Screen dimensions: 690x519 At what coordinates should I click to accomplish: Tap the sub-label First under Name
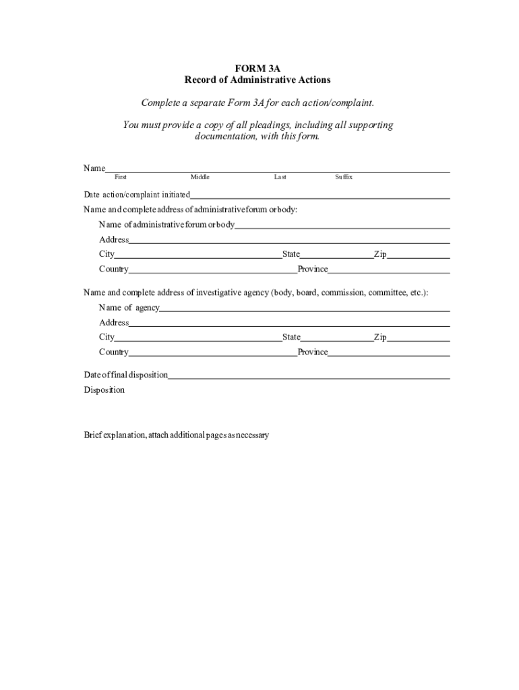coord(121,177)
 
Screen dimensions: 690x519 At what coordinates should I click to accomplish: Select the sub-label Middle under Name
coord(200,177)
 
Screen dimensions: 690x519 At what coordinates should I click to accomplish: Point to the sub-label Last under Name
coord(280,177)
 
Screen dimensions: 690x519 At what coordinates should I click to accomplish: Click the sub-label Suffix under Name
coord(343,177)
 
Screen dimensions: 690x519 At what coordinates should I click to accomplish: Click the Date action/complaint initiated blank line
coord(319,195)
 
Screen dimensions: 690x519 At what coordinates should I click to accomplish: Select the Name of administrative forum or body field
coord(342,225)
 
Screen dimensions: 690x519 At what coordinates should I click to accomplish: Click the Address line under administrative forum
coord(289,240)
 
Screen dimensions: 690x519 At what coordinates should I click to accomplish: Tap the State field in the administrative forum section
coord(337,255)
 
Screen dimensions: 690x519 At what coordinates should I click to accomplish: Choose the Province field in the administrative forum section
coord(389,270)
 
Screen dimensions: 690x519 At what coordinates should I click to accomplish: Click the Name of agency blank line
coord(305,308)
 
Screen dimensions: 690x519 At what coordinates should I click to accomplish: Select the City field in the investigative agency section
coord(198,338)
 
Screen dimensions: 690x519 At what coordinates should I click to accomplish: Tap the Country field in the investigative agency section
coord(213,352)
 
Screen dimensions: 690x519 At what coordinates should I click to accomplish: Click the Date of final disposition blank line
coord(309,375)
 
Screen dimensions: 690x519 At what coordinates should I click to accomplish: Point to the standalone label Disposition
coord(104,390)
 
